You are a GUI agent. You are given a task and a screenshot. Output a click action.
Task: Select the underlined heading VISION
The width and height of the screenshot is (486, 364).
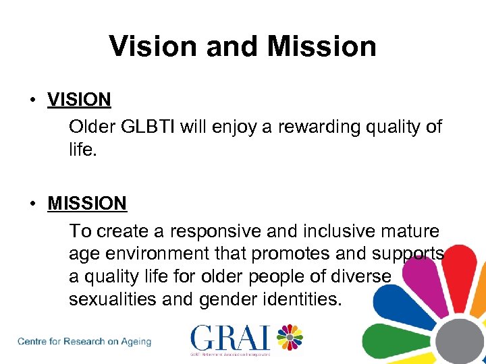tap(79, 100)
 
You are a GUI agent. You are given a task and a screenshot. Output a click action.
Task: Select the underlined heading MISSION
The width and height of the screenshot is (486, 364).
tap(87, 204)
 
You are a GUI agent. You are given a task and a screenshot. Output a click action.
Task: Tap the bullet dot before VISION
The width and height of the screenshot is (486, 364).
tap(32, 100)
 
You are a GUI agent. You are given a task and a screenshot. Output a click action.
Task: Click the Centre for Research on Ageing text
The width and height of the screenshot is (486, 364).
tap(84, 341)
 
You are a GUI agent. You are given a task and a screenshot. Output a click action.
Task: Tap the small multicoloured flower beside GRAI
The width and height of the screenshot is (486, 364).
tap(290, 336)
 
